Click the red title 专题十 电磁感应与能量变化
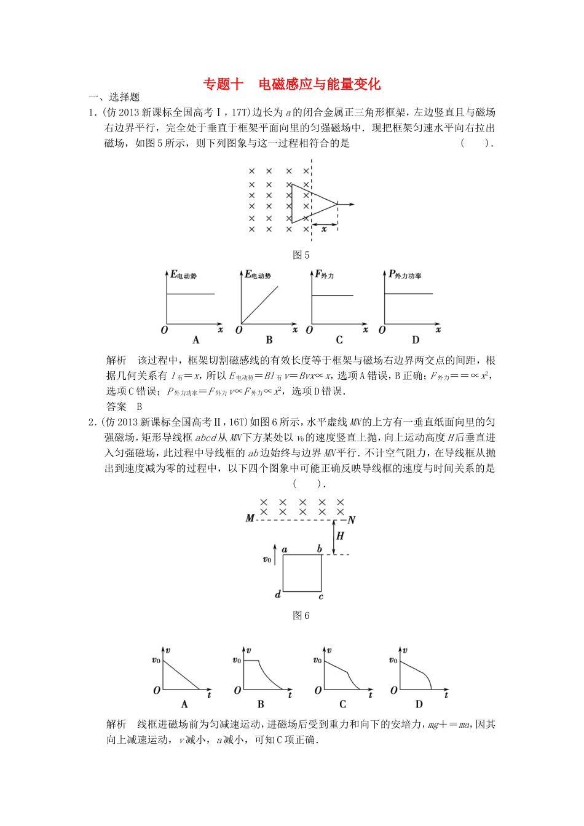click(x=292, y=84)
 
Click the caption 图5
click(x=301, y=255)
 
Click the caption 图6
click(x=301, y=615)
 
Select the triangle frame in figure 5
click(x=310, y=203)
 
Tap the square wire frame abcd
click(x=302, y=573)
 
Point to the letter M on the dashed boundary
click(x=250, y=518)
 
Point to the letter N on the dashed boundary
click(x=352, y=520)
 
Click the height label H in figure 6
click(x=340, y=536)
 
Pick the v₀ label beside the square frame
click(x=267, y=559)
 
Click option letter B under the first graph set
click(x=269, y=340)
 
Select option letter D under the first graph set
click(x=416, y=340)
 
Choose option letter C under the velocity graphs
click(x=342, y=704)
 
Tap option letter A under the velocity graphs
click(x=184, y=704)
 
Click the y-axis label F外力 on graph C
click(x=324, y=275)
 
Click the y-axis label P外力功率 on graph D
click(x=404, y=275)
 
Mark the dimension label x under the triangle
click(x=324, y=229)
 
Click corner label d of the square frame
click(x=278, y=594)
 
